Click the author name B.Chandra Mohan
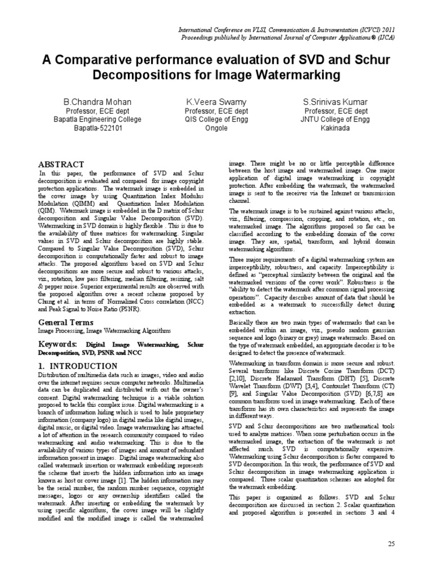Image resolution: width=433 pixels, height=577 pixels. (97, 102)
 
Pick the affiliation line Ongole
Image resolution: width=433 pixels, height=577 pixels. (215, 128)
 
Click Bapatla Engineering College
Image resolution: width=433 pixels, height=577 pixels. (97, 119)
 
